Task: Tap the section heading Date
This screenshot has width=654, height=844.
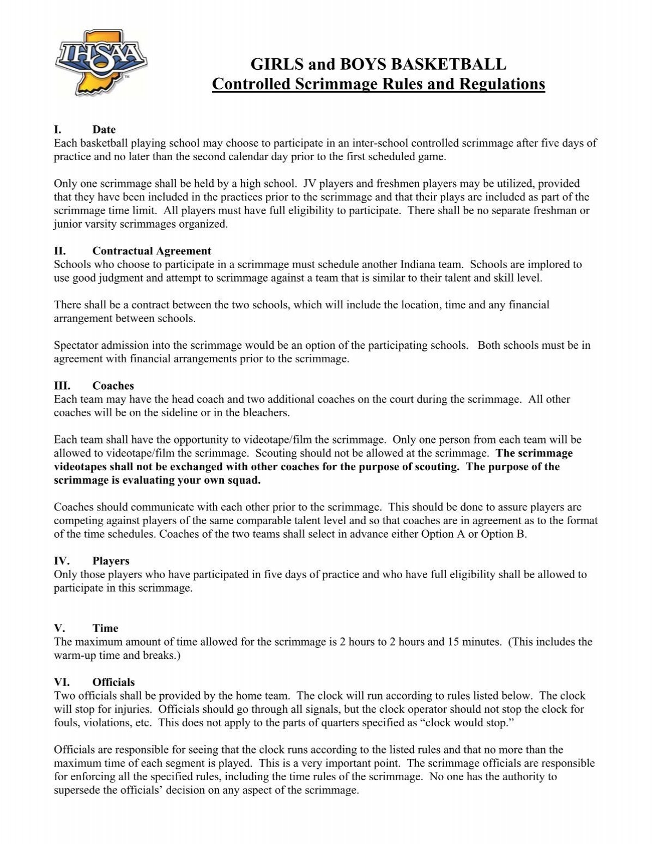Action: [104, 130]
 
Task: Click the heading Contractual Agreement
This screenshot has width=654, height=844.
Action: [152, 251]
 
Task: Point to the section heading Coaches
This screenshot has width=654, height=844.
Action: [113, 386]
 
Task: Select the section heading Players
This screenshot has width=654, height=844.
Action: [111, 561]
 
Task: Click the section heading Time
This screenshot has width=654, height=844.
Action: [105, 628]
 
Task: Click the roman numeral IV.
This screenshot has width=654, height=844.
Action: [60, 561]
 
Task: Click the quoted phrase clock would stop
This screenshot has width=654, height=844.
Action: [362, 722]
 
